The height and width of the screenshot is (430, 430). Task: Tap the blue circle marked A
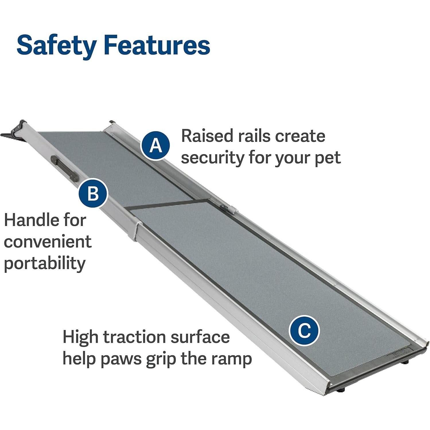[155, 145]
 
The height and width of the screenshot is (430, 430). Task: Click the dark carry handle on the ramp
[64, 168]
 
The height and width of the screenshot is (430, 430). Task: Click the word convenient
[48, 242]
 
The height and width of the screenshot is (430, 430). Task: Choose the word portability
[45, 264]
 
